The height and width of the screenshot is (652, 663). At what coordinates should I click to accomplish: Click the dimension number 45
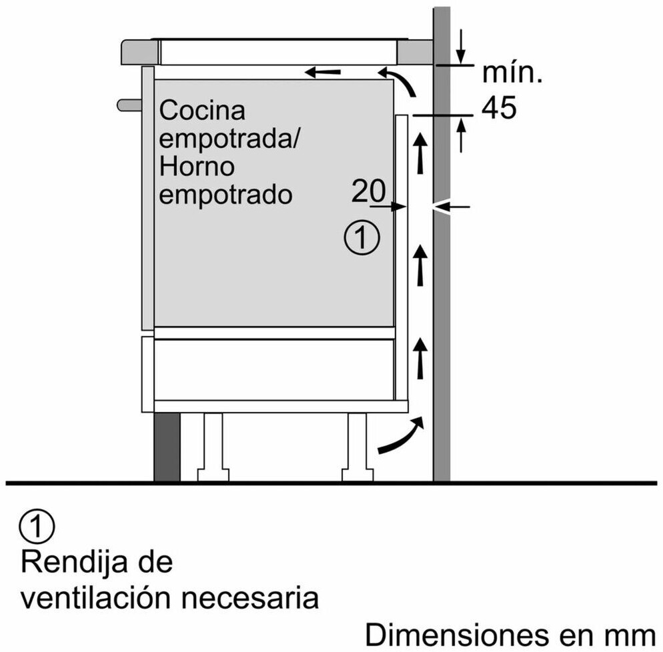499,108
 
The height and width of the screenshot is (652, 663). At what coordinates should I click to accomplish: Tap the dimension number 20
368,192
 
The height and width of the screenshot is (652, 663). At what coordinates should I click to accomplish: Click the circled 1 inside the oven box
362,238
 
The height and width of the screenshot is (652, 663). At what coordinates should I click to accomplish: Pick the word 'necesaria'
265,598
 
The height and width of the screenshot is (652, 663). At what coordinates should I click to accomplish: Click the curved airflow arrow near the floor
400,437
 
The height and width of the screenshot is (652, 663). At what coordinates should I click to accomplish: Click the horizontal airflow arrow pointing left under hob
323,71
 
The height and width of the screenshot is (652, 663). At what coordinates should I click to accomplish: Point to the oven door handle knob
129,105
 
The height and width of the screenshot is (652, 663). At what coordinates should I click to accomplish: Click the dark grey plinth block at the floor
167,446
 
